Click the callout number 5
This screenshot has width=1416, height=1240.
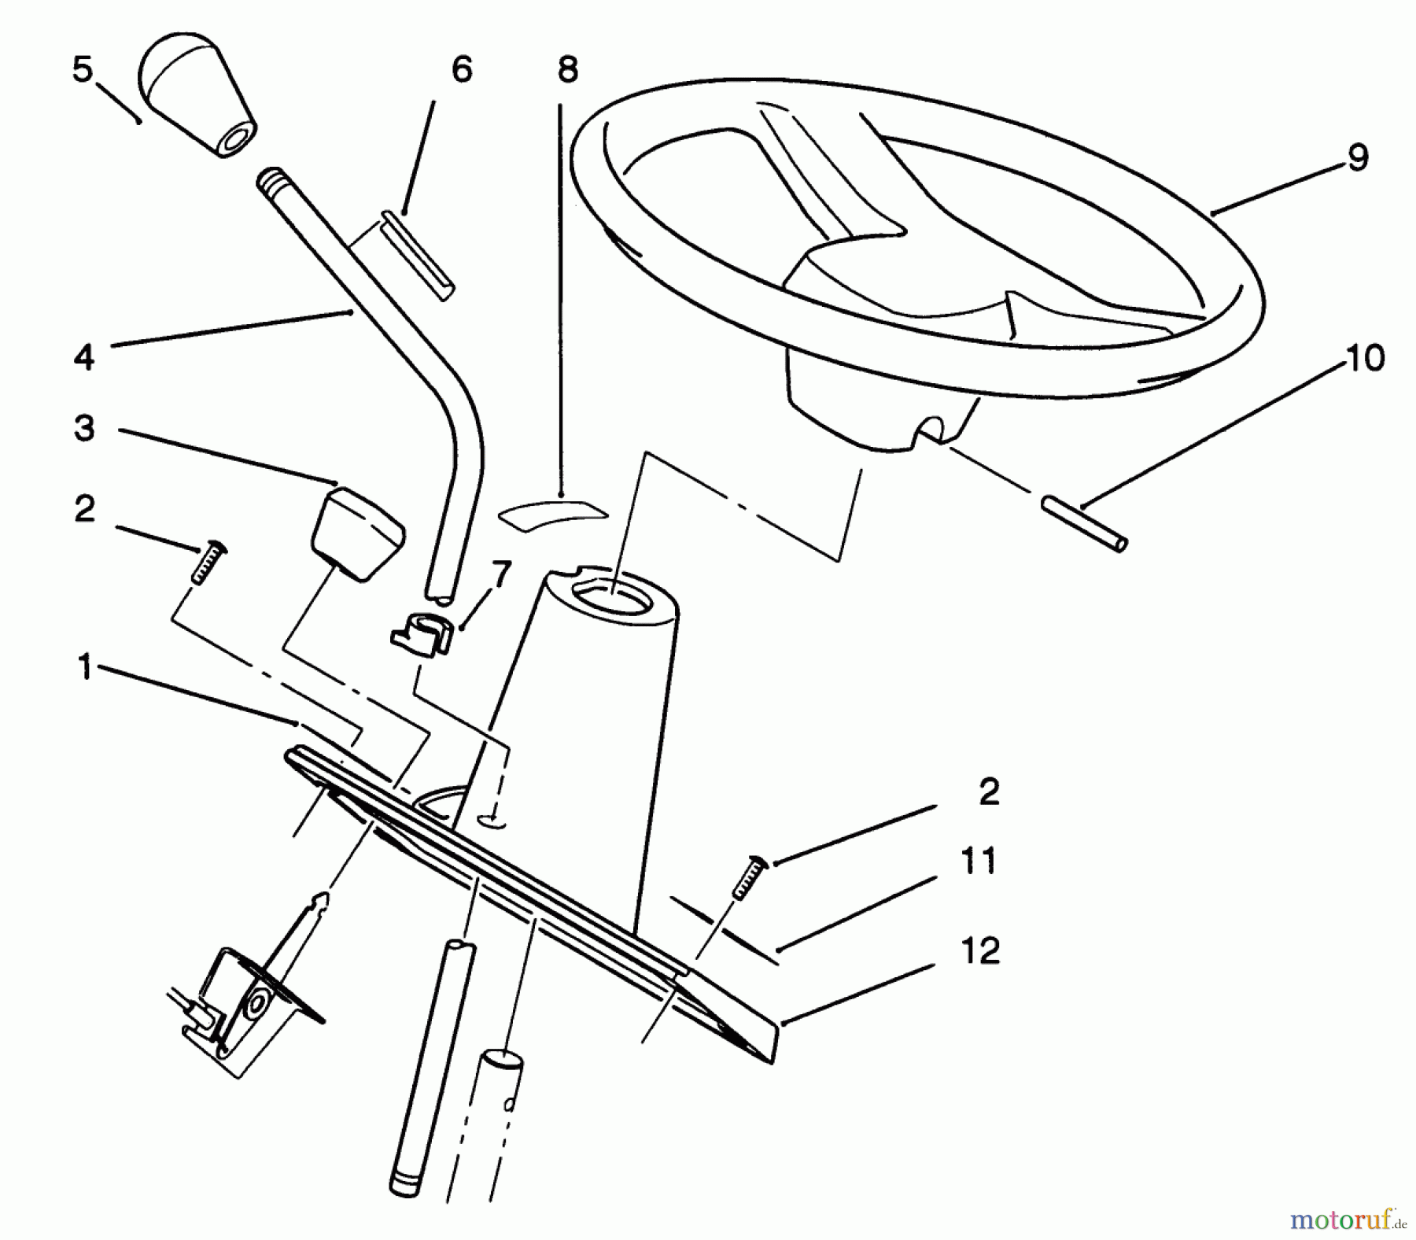[82, 70]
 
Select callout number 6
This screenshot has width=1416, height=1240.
[462, 70]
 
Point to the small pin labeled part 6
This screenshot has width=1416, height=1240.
[417, 255]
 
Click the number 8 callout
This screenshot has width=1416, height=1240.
[567, 70]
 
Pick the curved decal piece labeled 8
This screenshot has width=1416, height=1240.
[553, 512]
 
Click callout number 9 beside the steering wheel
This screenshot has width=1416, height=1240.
[1357, 157]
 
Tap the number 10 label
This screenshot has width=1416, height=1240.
[1364, 359]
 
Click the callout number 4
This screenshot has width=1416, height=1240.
[84, 357]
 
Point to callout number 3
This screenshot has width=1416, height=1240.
[84, 429]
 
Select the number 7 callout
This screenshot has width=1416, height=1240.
[500, 576]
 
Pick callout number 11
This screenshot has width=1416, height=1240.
[979, 862]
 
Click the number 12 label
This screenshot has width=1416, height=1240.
[980, 951]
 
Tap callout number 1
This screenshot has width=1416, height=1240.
[85, 669]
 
